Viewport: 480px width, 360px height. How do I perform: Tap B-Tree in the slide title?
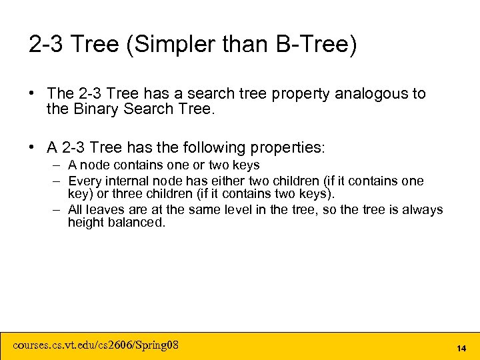coord(315,45)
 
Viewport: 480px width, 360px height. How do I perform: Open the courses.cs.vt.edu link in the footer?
coord(96,345)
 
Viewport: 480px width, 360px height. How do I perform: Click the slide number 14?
coord(461,348)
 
